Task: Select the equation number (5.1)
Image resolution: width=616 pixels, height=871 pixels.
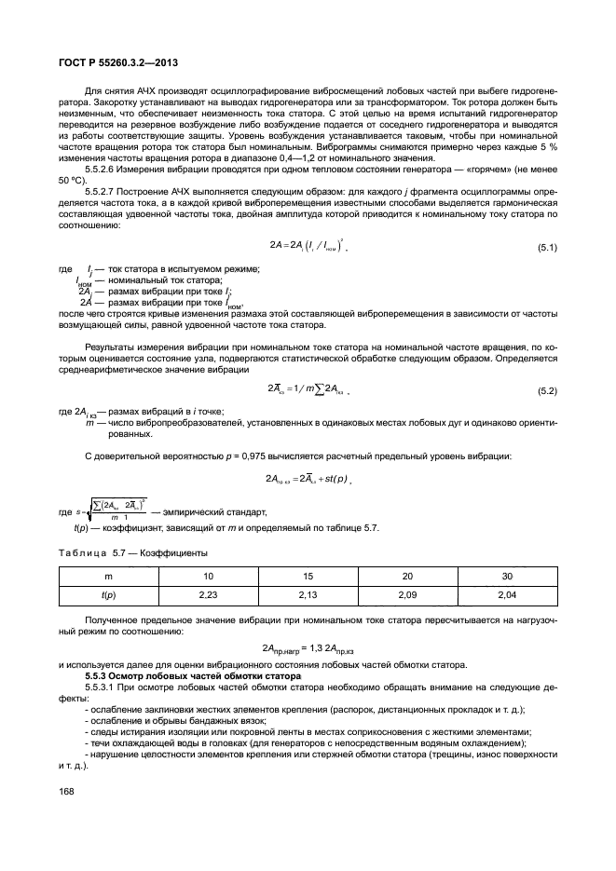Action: [545, 247]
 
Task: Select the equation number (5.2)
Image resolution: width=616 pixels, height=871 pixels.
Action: [545, 388]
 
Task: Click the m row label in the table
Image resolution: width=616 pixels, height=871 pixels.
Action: [108, 575]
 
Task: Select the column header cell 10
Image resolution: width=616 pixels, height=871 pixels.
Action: [208, 575]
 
